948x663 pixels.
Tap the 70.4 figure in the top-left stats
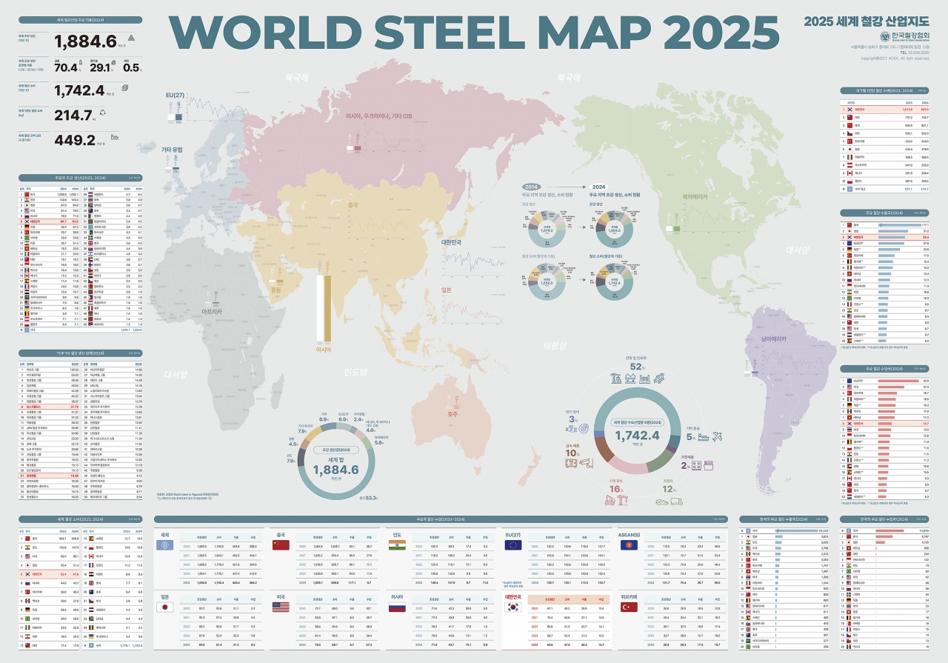(65, 67)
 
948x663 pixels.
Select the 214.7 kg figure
(74, 115)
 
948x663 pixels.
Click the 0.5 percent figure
(131, 67)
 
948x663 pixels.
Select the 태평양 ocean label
(554, 345)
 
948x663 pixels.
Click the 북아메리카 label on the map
(695, 197)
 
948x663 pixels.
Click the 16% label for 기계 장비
(615, 489)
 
